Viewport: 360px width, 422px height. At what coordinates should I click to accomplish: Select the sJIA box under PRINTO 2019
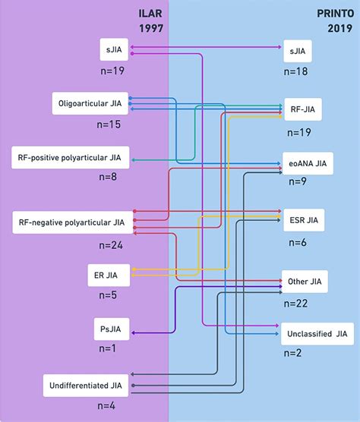(x=298, y=52)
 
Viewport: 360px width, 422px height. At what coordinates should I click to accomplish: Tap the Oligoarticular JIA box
(x=91, y=103)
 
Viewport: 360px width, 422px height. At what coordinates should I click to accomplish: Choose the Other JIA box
(x=302, y=282)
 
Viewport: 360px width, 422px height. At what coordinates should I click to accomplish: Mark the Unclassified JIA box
(x=317, y=333)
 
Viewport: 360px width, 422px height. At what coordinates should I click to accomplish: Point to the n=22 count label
(x=296, y=303)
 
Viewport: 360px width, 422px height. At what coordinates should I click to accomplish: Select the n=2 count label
(x=292, y=354)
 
